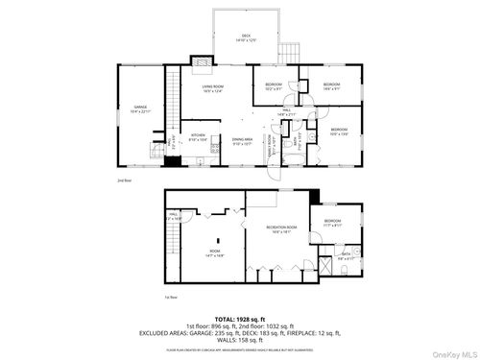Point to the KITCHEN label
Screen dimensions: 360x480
(x=197, y=137)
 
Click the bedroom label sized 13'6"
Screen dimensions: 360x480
(x=338, y=131)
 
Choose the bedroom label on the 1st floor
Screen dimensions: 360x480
(x=331, y=224)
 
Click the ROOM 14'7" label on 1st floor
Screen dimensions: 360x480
(x=216, y=254)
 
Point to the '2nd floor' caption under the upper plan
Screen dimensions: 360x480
(x=123, y=180)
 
